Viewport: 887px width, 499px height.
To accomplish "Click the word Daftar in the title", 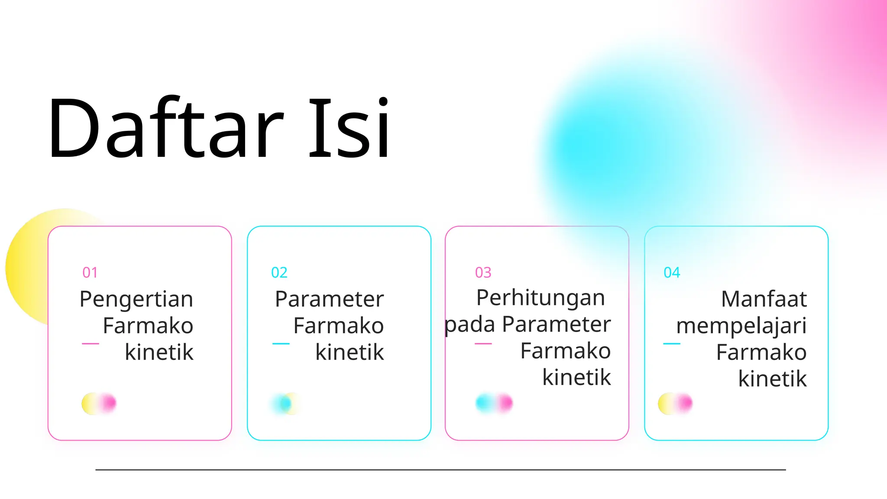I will click(165, 128).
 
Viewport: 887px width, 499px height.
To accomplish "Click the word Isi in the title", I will click(349, 128).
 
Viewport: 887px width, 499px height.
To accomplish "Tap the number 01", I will click(90, 272).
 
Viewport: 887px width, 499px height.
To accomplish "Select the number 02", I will click(279, 272).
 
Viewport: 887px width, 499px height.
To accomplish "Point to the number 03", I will click(483, 272).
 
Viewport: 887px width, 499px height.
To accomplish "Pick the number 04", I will click(672, 272).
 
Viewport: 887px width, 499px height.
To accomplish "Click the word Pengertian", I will click(136, 300).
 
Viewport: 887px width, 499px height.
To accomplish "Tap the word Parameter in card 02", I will click(330, 299).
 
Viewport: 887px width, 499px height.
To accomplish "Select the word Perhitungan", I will click(541, 298).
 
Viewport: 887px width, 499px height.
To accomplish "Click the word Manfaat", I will click(764, 299).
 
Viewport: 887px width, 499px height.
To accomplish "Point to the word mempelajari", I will click(741, 326).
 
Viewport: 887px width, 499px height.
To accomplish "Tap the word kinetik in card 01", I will click(159, 352).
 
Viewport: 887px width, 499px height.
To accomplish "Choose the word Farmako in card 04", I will click(761, 352).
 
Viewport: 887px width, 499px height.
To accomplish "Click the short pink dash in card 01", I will click(91, 343).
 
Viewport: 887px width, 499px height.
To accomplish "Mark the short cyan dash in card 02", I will click(281, 343).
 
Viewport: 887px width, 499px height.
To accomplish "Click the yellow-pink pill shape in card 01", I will click(99, 403).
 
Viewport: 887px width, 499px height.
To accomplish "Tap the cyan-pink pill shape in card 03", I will click(494, 403).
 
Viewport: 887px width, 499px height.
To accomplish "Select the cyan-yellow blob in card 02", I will click(285, 404).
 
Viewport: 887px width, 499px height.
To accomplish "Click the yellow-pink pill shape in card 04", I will click(675, 403).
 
